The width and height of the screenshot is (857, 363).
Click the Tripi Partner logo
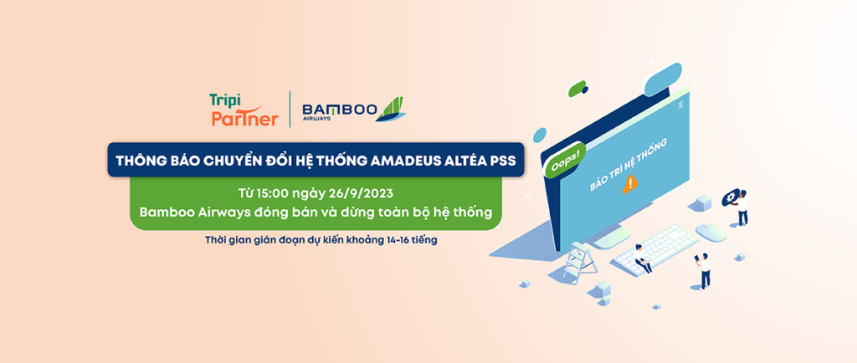click(x=243, y=110)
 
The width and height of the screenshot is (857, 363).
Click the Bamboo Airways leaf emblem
click(x=390, y=109)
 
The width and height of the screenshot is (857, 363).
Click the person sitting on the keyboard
click(x=642, y=258)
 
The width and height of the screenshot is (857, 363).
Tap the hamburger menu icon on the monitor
click(x=681, y=105)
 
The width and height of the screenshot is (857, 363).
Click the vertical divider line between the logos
click(x=290, y=110)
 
